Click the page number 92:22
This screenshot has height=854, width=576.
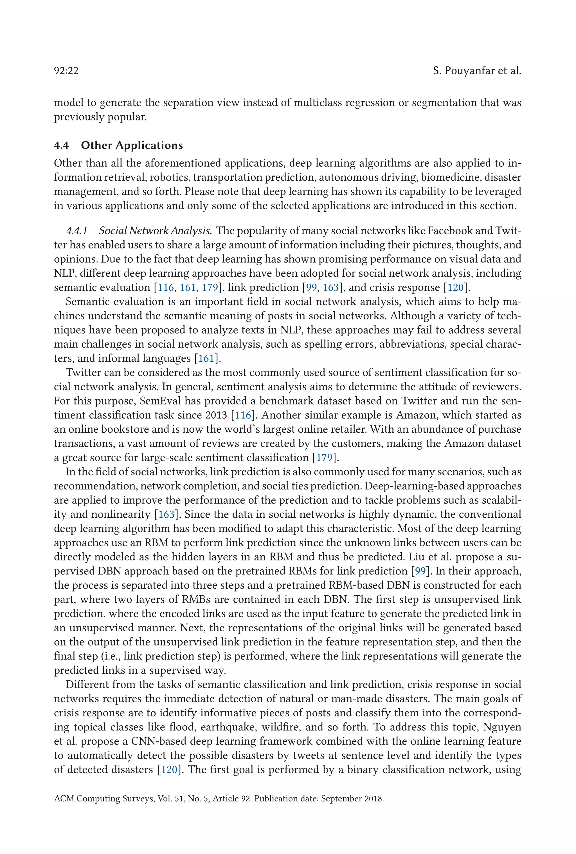(66, 71)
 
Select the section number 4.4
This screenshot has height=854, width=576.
(61, 146)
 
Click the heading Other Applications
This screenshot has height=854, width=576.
(132, 146)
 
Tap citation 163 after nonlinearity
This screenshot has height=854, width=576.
(166, 515)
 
